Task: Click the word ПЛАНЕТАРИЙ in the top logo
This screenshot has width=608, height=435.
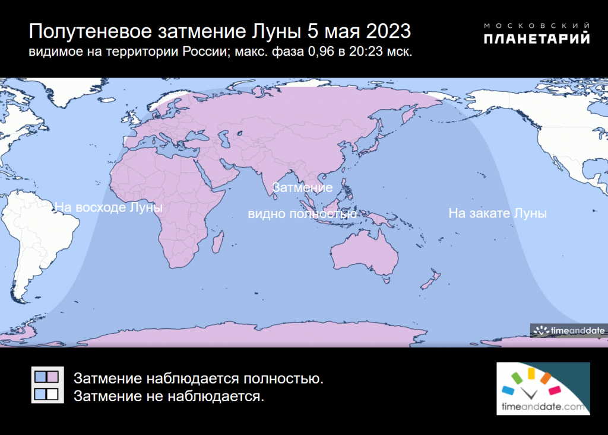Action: [537, 39]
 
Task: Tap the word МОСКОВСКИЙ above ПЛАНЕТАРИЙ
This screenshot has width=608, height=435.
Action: [537, 25]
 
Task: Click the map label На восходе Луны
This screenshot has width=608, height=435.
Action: [108, 207]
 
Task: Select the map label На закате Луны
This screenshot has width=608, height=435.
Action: [498, 213]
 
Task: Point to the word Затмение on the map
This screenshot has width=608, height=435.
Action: [302, 188]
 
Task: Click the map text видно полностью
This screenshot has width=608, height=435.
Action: [302, 214]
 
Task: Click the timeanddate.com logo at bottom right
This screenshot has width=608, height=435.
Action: [543, 388]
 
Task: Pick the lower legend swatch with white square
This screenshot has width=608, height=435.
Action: [47, 394]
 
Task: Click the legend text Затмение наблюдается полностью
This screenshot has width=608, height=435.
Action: [198, 378]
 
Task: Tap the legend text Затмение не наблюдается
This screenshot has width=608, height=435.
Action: [169, 396]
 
